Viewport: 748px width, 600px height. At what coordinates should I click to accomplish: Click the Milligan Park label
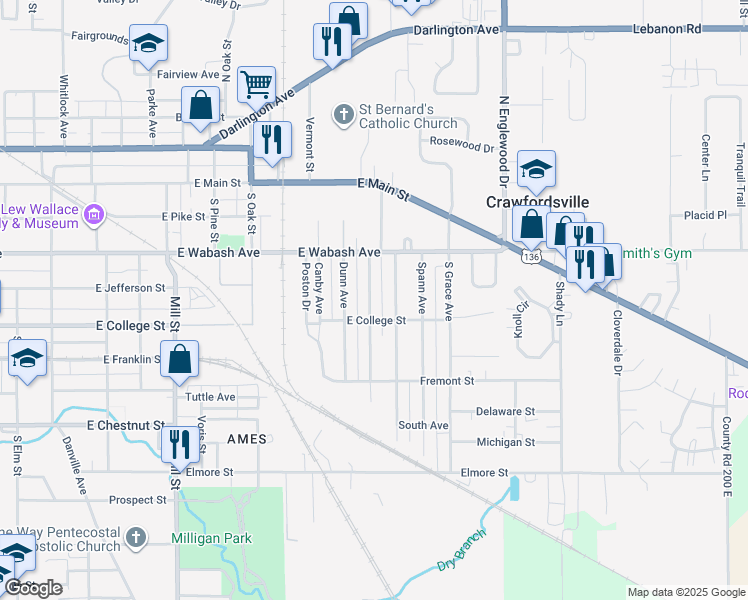click(x=211, y=539)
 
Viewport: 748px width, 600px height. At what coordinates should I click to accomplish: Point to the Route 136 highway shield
click(x=530, y=258)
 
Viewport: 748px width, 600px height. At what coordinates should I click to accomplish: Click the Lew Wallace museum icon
click(x=95, y=213)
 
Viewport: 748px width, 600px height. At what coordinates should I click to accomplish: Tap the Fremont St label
click(x=446, y=381)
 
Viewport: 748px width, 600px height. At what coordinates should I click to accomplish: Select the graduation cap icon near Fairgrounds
click(x=148, y=43)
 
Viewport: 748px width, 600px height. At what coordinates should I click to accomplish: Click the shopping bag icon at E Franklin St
click(x=180, y=360)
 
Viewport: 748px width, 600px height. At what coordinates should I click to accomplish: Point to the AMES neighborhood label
click(x=247, y=439)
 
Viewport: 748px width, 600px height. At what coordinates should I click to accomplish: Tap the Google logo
click(x=33, y=588)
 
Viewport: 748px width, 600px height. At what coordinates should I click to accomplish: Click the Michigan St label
click(x=505, y=442)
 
